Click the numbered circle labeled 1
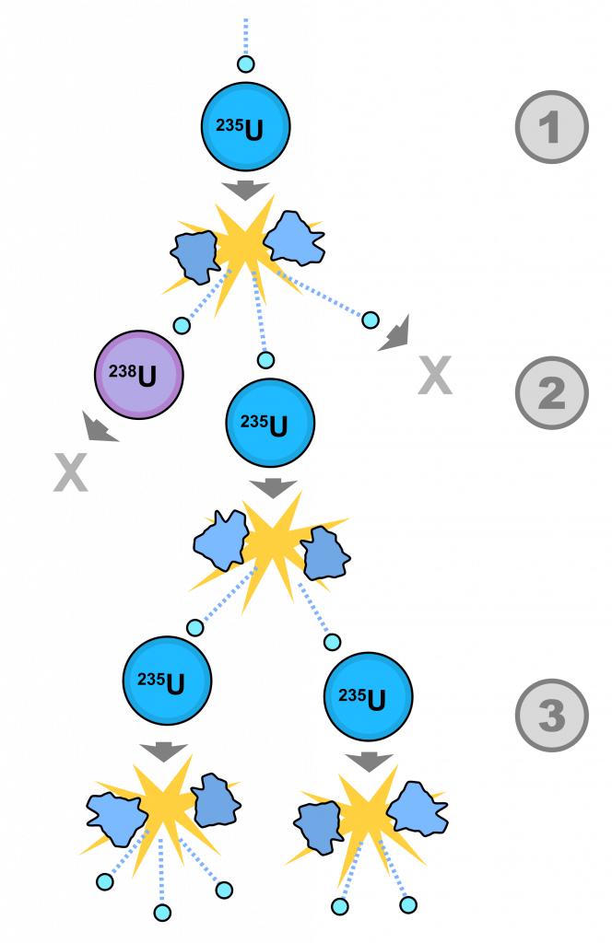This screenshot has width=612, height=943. tap(551, 127)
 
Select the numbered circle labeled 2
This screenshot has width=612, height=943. tap(551, 392)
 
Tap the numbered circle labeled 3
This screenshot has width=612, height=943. tap(551, 716)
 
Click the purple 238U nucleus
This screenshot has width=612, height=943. tap(139, 375)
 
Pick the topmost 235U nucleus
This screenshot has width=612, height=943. tap(245, 127)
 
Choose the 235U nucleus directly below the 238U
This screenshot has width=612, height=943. tap(270, 423)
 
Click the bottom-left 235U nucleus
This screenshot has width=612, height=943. tap(167, 681)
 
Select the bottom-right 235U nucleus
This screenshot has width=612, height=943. tap(368, 697)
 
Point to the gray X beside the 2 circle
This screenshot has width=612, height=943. tap(435, 375)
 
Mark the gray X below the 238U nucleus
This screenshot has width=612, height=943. tap(70, 471)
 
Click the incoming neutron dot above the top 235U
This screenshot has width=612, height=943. tap(245, 64)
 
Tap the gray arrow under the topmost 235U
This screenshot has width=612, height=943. tap(245, 190)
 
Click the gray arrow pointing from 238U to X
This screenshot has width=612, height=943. tap(98, 426)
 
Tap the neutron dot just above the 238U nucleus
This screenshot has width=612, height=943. tap(182, 325)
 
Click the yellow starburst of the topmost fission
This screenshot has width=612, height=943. tap(244, 244)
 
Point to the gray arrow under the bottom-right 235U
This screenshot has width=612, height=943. tap(369, 762)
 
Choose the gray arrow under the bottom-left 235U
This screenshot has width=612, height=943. tap(164, 751)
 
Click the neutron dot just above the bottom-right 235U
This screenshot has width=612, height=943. tap(332, 642)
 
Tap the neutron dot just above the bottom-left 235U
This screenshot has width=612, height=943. tap(194, 628)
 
